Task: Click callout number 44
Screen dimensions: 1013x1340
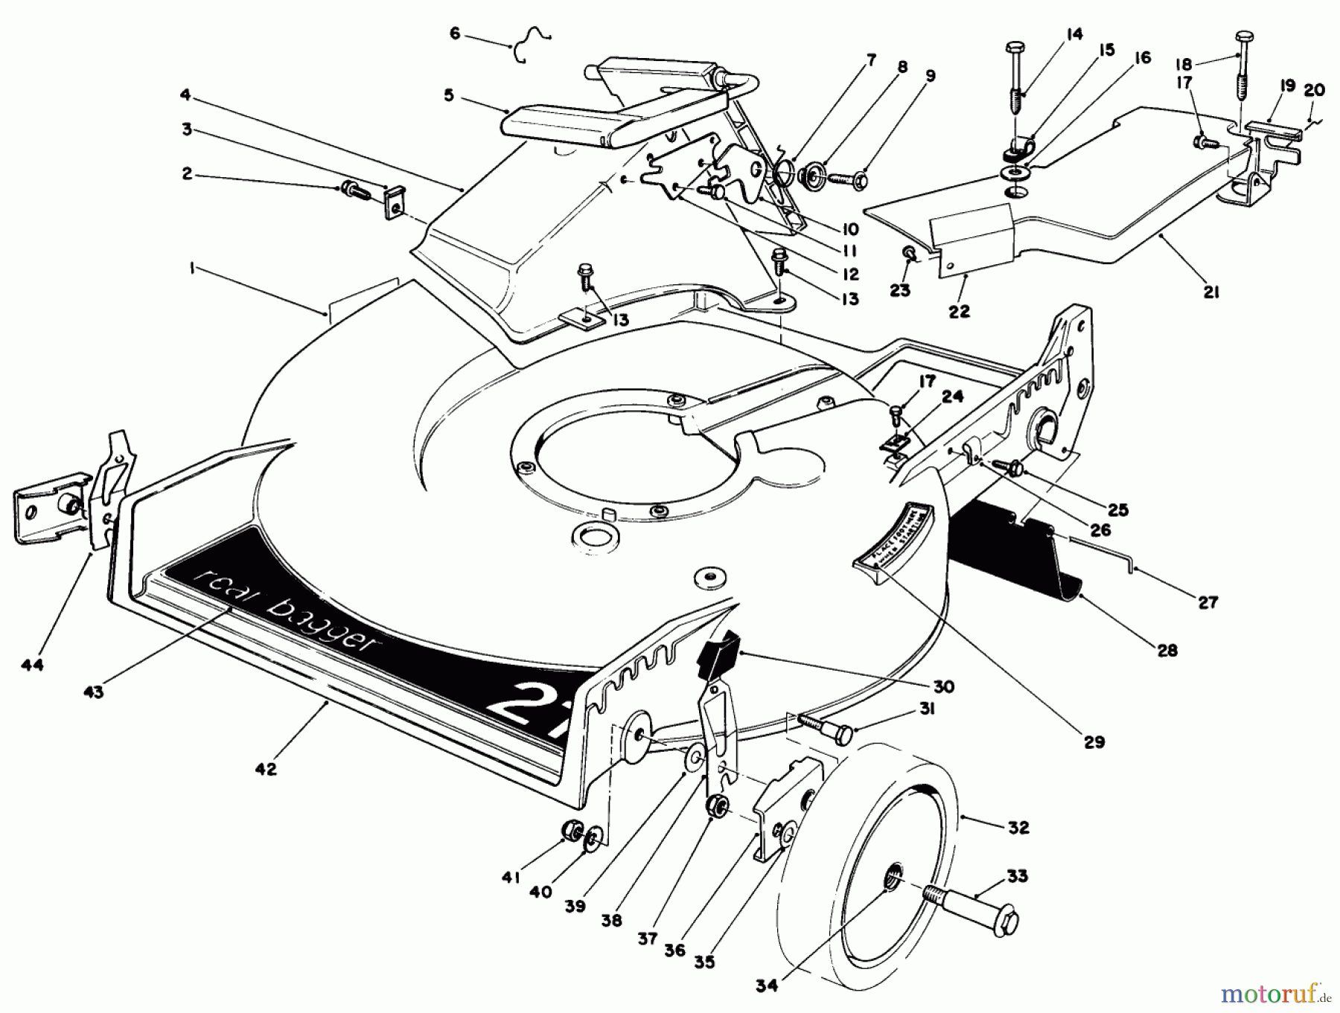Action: [32, 665]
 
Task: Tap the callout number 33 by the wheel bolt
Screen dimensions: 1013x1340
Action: [1017, 877]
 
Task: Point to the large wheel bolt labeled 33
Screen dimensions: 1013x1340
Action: [968, 909]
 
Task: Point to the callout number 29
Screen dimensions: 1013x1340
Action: [1094, 741]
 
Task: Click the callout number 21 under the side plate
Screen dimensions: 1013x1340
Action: [1211, 293]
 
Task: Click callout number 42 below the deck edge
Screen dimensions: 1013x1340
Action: [266, 769]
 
